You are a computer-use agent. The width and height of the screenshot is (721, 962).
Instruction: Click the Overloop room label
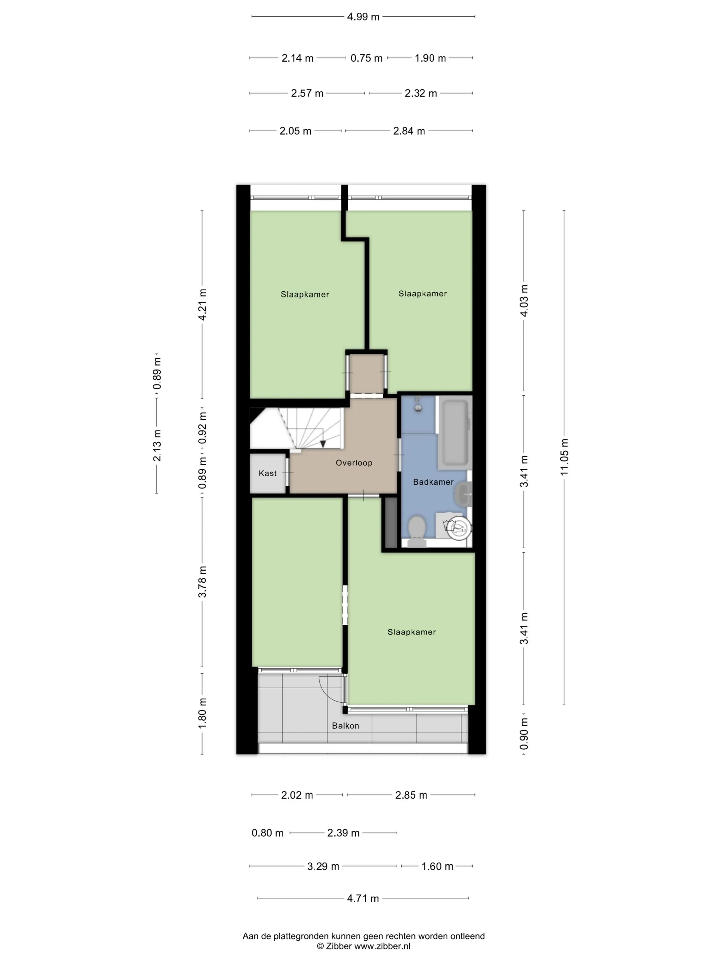coord(354,463)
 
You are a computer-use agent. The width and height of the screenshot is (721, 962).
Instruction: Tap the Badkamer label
coord(433,482)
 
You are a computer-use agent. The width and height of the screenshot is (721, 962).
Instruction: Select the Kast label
coord(268,473)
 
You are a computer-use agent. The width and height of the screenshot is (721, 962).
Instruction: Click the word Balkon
coord(345,725)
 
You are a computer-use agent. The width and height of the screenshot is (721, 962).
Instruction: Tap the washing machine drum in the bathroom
coord(458,528)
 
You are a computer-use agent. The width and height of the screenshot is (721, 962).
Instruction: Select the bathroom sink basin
coord(463,494)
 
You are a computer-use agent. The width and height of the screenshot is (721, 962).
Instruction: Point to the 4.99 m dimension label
coord(363,17)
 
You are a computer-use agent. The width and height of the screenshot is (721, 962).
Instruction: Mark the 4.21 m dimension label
coord(203,304)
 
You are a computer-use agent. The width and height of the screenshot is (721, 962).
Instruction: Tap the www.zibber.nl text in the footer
coord(382,946)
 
